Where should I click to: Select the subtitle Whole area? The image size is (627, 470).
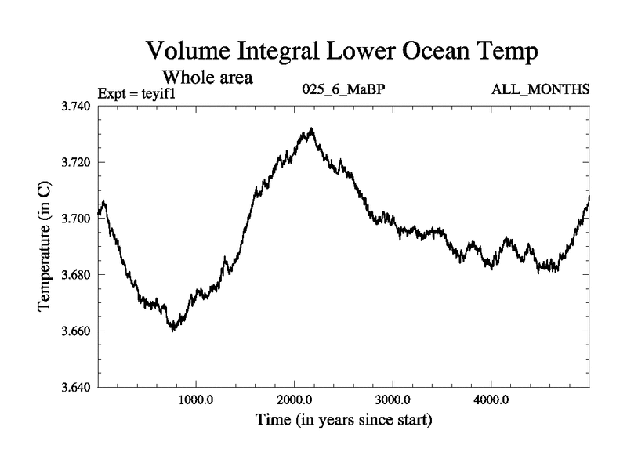(x=207, y=78)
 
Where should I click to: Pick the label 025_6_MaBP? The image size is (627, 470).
(x=342, y=89)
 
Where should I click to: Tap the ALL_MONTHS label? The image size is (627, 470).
(x=540, y=89)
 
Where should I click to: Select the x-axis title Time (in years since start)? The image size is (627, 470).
(x=344, y=421)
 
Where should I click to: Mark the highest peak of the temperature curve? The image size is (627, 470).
(x=311, y=129)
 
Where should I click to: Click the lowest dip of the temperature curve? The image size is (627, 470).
(x=173, y=330)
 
